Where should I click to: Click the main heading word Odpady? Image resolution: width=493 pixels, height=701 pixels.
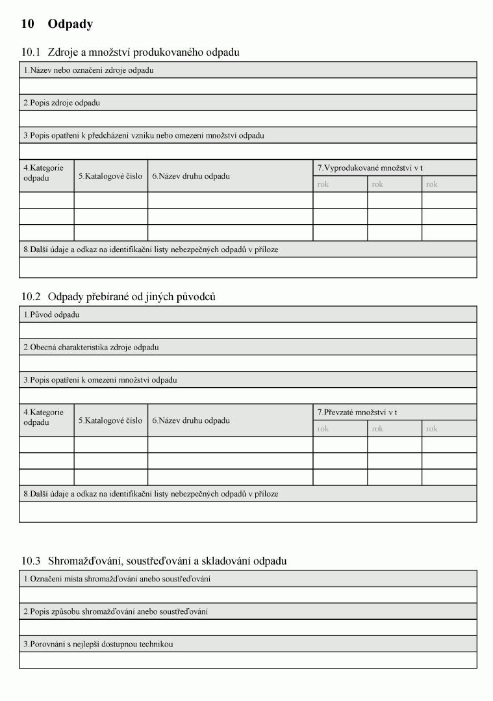coord(70,24)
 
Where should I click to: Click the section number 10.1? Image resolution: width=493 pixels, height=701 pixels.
coord(31,52)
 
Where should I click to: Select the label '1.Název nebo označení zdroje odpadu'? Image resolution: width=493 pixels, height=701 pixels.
coord(88,70)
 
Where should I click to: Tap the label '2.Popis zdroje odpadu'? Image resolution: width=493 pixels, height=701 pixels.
coord(62,103)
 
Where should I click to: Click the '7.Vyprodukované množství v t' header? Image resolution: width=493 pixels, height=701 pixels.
coord(370,168)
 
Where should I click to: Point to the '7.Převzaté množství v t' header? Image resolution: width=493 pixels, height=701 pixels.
coord(357,412)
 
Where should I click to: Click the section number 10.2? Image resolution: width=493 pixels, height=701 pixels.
coord(31,296)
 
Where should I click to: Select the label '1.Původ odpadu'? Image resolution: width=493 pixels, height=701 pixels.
coord(51,314)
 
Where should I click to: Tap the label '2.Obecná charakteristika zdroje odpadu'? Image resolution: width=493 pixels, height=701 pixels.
coord(91,347)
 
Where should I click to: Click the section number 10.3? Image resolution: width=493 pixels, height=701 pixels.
coord(31,561)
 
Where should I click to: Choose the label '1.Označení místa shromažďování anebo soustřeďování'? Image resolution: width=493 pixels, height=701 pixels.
coord(117,579)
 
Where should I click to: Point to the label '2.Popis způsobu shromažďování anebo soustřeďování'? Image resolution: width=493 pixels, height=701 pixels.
coord(116,611)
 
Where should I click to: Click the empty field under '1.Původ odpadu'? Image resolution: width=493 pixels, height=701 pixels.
coord(247,330)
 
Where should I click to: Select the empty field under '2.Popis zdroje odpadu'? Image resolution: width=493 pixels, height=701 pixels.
coord(247,118)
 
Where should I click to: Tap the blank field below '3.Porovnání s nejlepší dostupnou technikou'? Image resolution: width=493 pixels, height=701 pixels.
coord(247,660)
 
